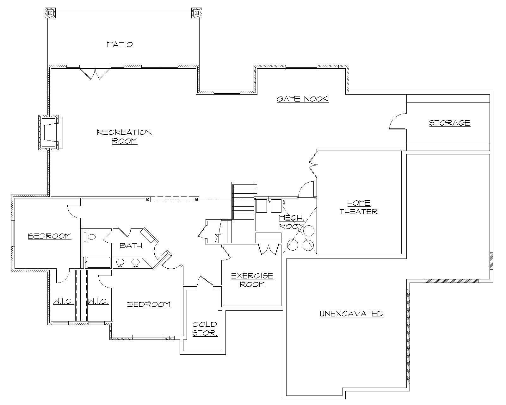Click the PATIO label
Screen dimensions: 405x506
click(120, 44)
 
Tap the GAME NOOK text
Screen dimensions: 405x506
click(303, 99)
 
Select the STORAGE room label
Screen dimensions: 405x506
click(449, 123)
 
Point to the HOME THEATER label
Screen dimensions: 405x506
click(359, 207)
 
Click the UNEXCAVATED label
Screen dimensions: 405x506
click(352, 314)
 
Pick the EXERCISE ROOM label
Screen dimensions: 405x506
click(252, 280)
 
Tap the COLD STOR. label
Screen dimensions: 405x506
click(205, 328)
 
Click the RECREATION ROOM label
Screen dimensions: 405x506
click(125, 136)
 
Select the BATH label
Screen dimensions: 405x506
click(131, 246)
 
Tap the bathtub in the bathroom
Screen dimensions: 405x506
click(98, 262)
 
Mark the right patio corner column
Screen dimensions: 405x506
click(196, 13)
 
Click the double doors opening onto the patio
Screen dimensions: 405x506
click(95, 73)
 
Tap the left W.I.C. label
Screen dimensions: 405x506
click(63, 302)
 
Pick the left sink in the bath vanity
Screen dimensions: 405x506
click(120, 262)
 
